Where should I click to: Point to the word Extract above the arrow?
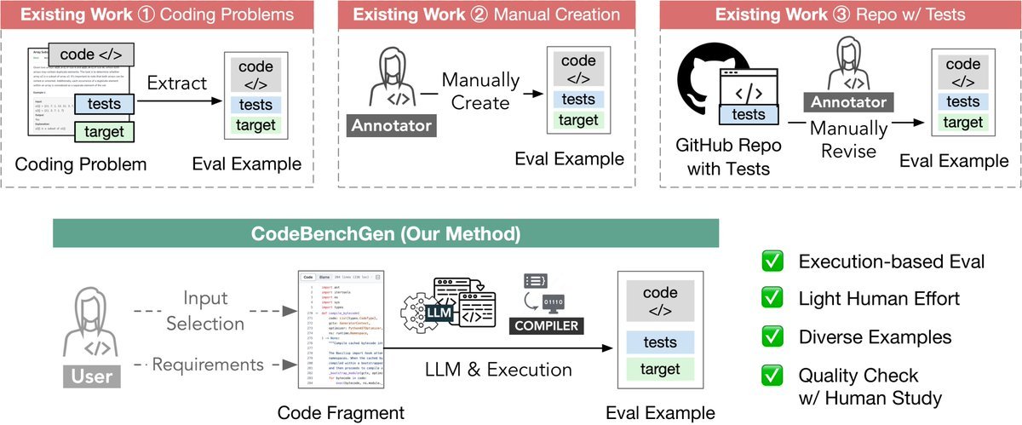(176, 83)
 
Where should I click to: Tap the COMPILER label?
(546, 326)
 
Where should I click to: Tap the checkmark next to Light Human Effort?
(772, 299)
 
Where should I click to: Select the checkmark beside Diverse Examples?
(772, 336)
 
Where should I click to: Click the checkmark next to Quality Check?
(772, 375)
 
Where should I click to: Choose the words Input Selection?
(205, 311)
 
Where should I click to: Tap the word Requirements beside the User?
(209, 365)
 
